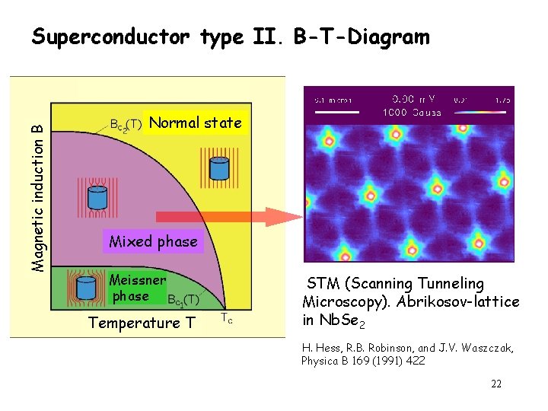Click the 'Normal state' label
pyautogui.click(x=196, y=123)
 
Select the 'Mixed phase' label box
pyautogui.click(x=153, y=242)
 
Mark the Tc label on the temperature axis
pyautogui.click(x=227, y=319)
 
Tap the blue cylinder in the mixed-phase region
pyautogui.click(x=97, y=197)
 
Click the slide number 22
pyautogui.click(x=496, y=384)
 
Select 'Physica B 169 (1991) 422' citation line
pyautogui.click(x=363, y=360)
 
